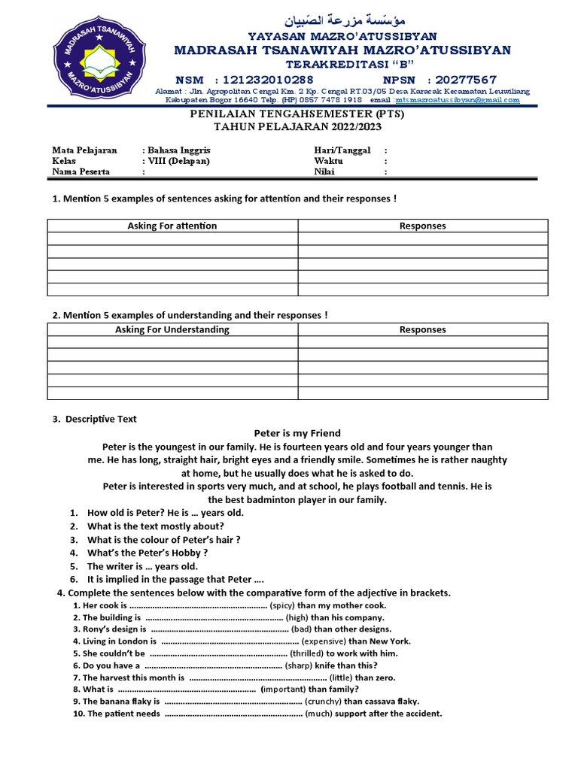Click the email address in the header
click(458, 99)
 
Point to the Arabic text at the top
click(342, 20)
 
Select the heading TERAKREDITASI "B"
click(342, 65)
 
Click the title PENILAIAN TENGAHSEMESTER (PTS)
click(296, 114)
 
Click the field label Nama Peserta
click(81, 171)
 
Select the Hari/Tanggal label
click(342, 150)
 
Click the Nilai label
click(324, 171)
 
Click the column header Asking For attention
click(172, 226)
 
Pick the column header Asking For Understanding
click(172, 329)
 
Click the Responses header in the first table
click(422, 226)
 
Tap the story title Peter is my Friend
click(297, 433)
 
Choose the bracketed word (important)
click(283, 689)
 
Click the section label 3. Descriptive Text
click(95, 419)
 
